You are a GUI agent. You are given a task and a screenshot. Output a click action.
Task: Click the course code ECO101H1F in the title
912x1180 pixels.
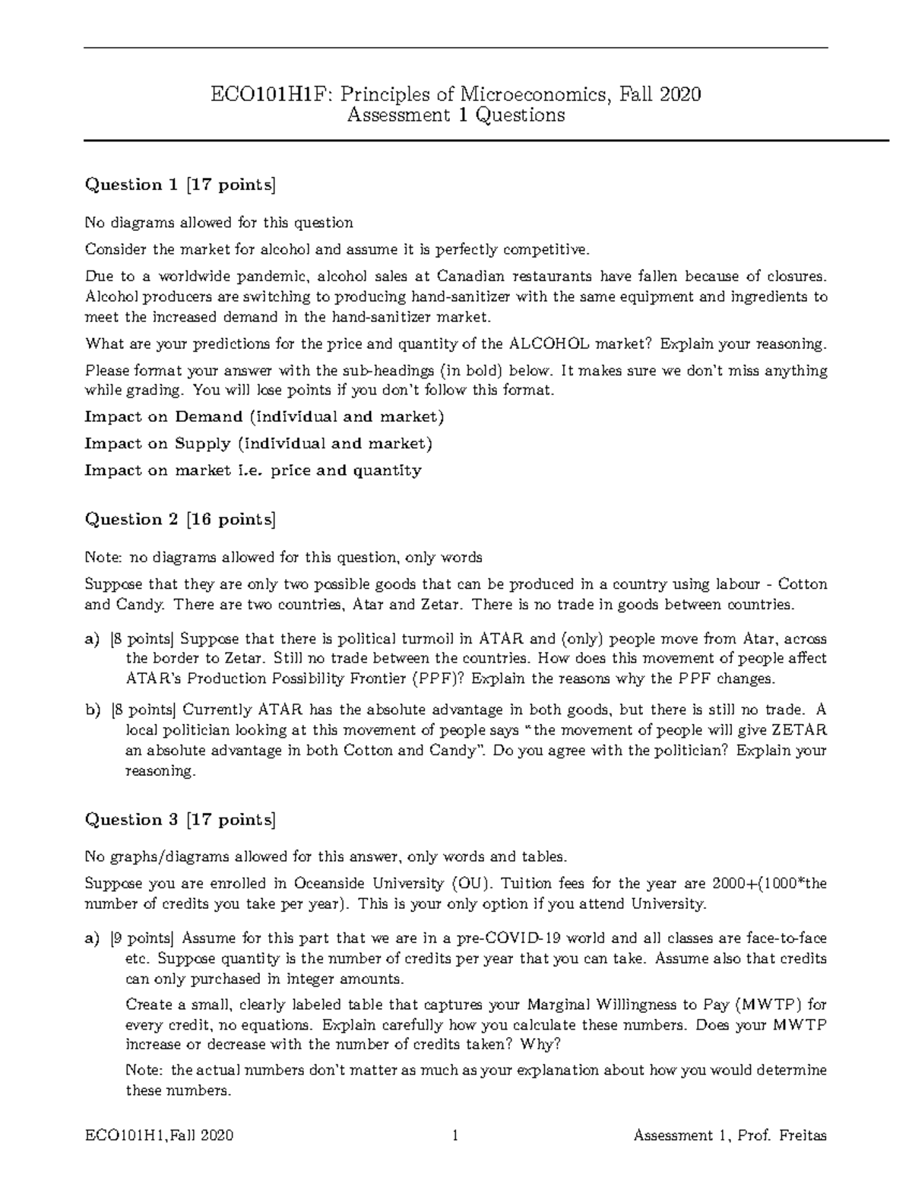pos(271,94)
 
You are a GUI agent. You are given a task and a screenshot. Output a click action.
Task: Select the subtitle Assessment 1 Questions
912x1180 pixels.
pos(455,115)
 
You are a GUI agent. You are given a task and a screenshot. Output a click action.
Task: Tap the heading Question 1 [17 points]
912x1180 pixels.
pos(180,185)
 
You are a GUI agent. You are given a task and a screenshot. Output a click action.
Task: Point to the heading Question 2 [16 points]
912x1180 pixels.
pos(180,520)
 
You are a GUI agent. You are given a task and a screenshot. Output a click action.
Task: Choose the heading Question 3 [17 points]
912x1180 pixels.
pos(180,820)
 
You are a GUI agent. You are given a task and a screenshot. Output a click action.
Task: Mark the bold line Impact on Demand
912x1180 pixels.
pos(264,416)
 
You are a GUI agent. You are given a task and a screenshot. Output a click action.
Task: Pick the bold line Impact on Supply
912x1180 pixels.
pos(258,443)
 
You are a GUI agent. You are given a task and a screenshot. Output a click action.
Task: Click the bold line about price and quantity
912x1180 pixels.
pos(252,470)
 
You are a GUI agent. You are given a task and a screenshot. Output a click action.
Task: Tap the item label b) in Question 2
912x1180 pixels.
pos(93,710)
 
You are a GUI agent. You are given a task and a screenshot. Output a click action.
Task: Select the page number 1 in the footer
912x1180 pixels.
pos(455,1136)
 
